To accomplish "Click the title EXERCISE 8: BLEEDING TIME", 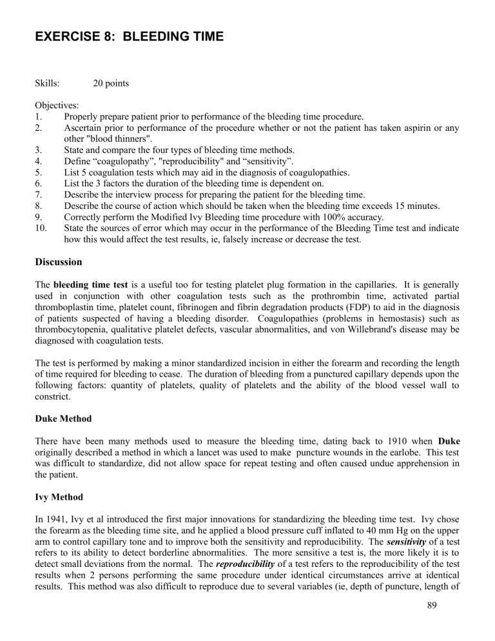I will coord(130,37).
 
